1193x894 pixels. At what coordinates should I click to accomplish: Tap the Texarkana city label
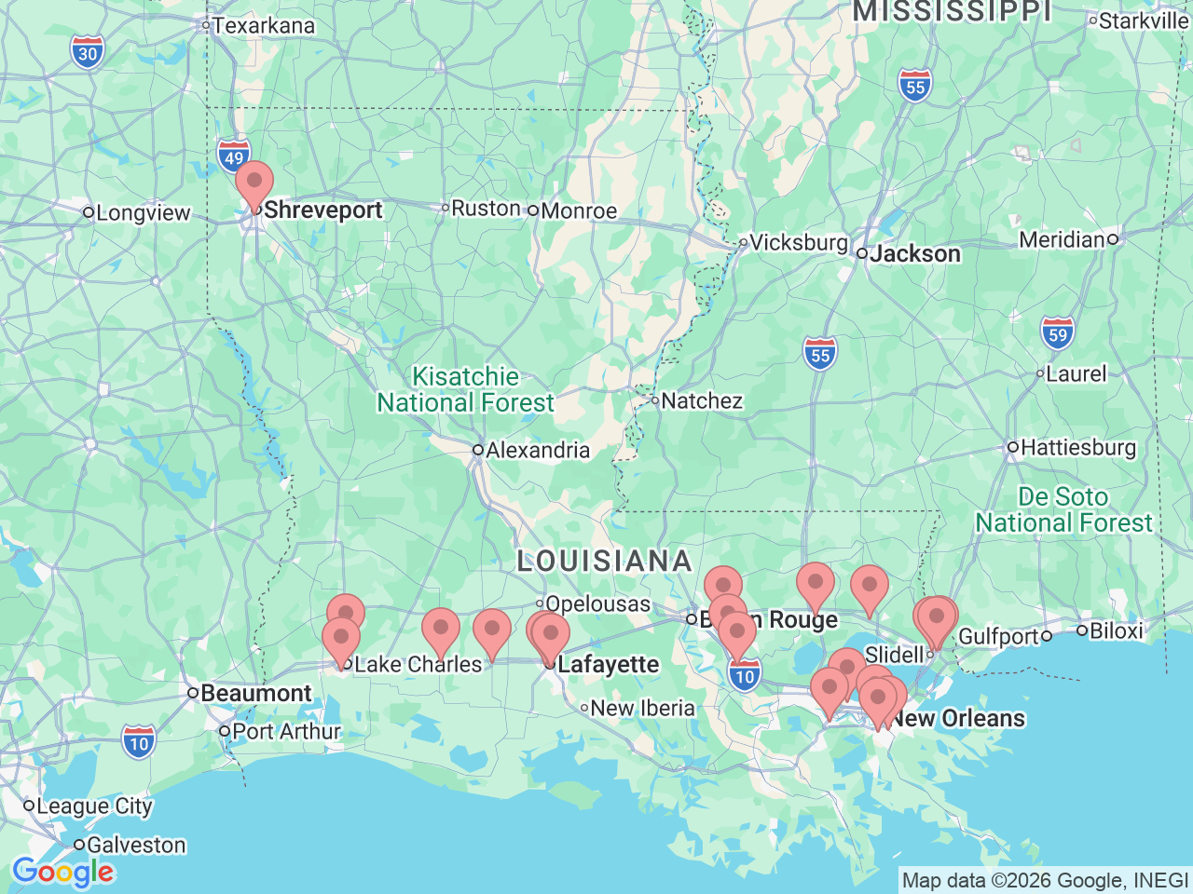tap(263, 26)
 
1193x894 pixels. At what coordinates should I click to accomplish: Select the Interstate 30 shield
tap(88, 53)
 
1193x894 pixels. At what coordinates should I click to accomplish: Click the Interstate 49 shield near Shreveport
tap(233, 157)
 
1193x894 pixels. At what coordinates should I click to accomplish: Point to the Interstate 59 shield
tap(1058, 334)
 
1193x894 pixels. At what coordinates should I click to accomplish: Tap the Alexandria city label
tap(537, 451)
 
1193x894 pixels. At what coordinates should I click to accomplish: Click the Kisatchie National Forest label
tap(466, 389)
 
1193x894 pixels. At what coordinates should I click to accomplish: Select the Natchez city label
tap(701, 401)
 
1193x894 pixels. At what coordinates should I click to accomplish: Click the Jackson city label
tap(914, 254)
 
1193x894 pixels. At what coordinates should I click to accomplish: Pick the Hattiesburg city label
tap(1077, 448)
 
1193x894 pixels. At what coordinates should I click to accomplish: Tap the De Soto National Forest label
tap(1063, 509)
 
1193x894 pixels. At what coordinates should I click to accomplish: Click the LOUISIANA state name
tap(605, 561)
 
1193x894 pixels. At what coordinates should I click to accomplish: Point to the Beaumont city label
tap(255, 694)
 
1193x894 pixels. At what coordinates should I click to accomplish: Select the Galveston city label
tap(136, 846)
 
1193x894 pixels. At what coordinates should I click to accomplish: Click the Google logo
tap(62, 873)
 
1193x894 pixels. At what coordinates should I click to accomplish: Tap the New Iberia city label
tap(642, 709)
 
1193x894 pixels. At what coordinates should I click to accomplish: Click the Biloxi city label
tap(1116, 631)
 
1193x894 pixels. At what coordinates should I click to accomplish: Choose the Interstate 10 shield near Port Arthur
tap(139, 743)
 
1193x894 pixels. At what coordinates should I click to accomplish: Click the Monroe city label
tap(578, 211)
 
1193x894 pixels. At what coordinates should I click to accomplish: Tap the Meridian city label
tap(1062, 240)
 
